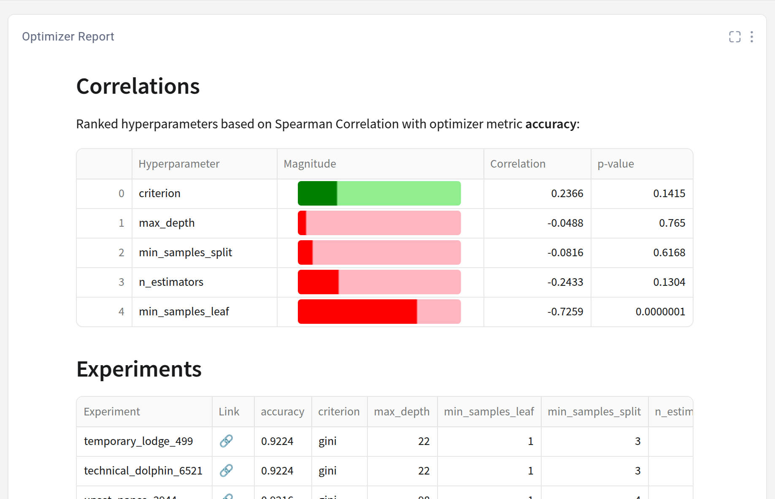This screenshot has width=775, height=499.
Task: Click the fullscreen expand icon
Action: point(734,37)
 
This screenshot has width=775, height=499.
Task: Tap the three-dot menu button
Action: point(751,37)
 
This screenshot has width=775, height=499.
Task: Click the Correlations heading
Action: point(138,86)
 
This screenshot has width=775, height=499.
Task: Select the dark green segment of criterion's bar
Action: point(317,193)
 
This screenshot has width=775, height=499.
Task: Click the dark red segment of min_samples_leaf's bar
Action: point(357,312)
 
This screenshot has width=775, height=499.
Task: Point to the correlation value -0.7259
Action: point(565,312)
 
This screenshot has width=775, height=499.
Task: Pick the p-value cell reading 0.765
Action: point(672,223)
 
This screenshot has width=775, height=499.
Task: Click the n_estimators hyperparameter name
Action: point(171,282)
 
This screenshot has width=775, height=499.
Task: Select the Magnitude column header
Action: point(310,164)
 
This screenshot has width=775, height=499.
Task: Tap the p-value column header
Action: point(616,164)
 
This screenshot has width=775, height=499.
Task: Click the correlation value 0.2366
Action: point(567,193)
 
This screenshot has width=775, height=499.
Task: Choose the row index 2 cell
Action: point(121,252)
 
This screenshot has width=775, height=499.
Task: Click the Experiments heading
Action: point(139,369)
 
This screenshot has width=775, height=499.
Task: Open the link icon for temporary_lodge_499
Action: point(226,441)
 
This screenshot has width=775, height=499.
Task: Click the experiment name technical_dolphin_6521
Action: point(143,471)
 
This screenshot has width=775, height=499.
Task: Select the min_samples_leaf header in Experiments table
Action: point(489,412)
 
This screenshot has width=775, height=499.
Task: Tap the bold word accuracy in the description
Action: point(551,124)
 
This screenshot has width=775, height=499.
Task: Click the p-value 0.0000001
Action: point(660,312)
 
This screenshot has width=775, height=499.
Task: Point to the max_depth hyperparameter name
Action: point(167,223)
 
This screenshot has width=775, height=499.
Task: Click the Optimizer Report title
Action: point(68,37)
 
